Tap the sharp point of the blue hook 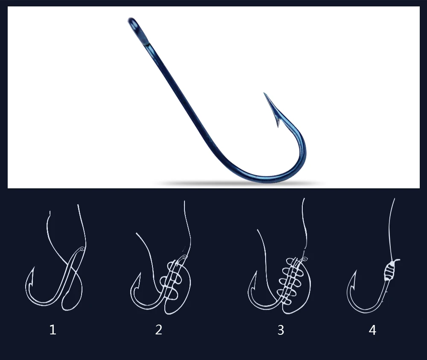click(x=264, y=93)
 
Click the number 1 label click(x=53, y=330)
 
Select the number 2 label click(x=158, y=330)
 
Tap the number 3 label click(x=281, y=330)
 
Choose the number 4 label click(x=372, y=330)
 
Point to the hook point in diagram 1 click(x=33, y=268)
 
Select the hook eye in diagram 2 click(x=184, y=257)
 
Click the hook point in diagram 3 click(x=256, y=272)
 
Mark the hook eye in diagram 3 click(x=304, y=259)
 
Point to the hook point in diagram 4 click(x=355, y=272)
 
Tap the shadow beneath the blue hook click(x=240, y=184)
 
